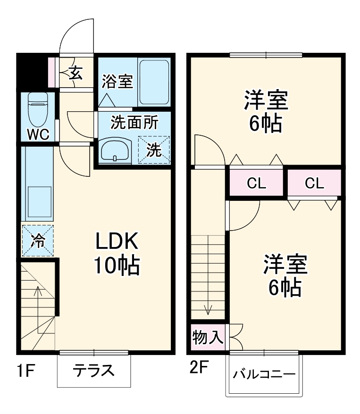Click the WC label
coord(38,134)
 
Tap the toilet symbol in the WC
coord(37,107)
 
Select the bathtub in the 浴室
coord(154,82)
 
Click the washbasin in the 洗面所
coord(115,150)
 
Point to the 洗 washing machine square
coord(153,150)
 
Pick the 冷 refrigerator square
coord(38,241)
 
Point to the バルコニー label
coord(264,375)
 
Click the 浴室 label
coord(117,82)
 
